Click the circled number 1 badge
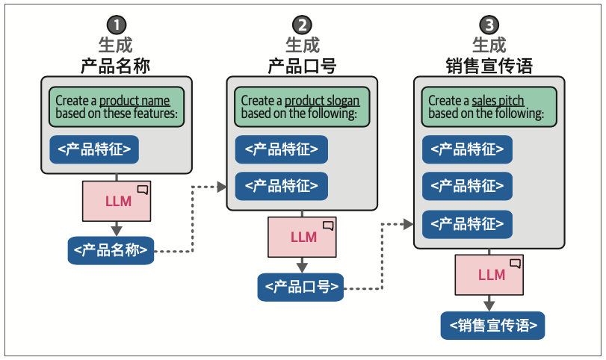115,25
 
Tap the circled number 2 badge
302,25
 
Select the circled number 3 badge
489,25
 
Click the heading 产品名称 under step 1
115,65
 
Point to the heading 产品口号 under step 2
302,65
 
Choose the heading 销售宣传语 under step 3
489,65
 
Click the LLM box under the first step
116,201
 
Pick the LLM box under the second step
303,238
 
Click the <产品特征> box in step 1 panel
94,149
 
